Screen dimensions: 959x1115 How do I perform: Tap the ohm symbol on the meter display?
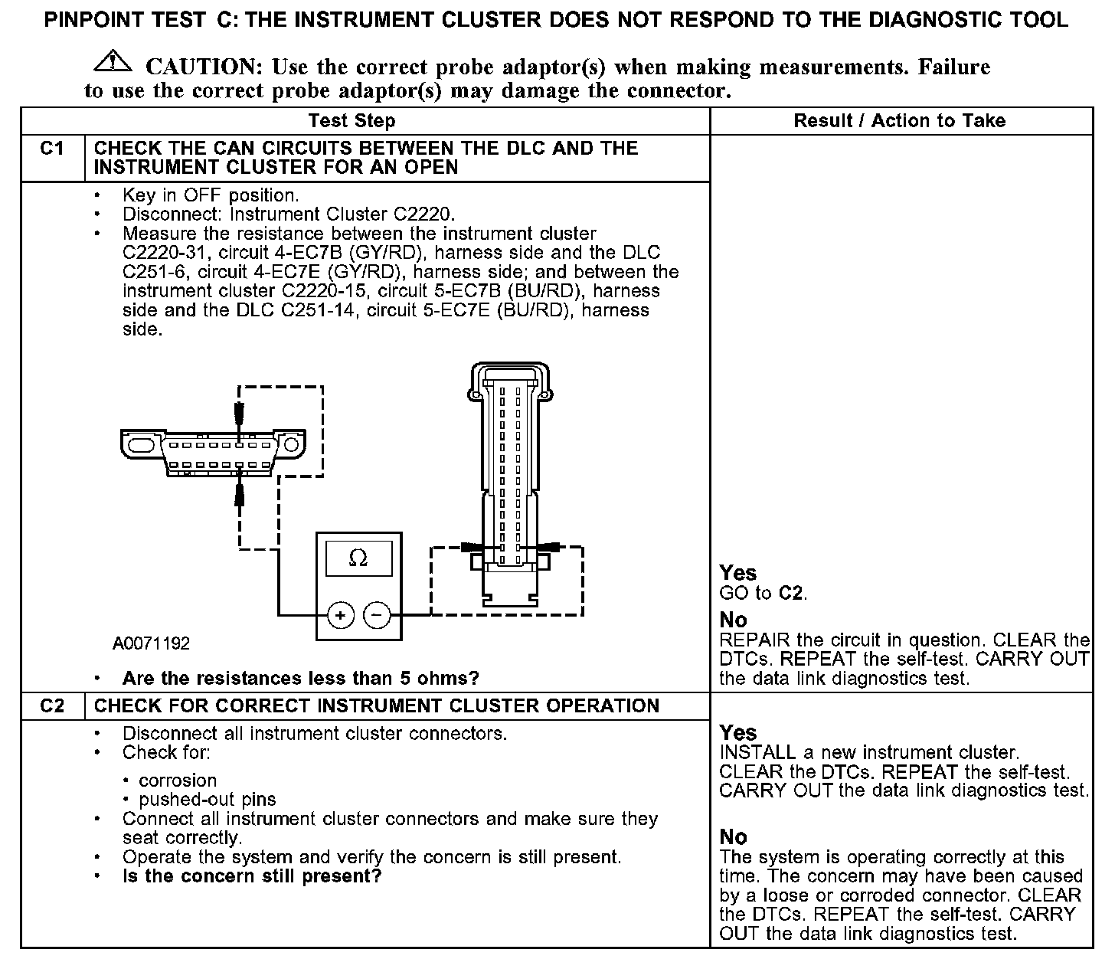coord(358,559)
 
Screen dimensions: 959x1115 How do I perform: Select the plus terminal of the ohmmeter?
coord(340,614)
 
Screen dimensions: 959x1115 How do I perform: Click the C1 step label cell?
coord(52,149)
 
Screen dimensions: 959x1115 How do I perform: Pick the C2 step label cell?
coord(52,706)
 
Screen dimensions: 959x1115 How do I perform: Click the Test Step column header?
coord(352,121)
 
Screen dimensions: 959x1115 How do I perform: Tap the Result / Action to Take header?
coord(899,121)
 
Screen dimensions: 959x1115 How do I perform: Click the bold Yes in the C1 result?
coord(737,573)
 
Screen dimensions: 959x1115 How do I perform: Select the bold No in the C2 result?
coord(733,837)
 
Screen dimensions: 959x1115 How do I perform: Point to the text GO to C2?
coord(763,594)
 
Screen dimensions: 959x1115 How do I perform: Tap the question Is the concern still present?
coord(252,876)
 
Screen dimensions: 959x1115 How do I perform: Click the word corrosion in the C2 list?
coord(178,781)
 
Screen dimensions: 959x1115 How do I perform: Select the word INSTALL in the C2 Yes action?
coord(757,753)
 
